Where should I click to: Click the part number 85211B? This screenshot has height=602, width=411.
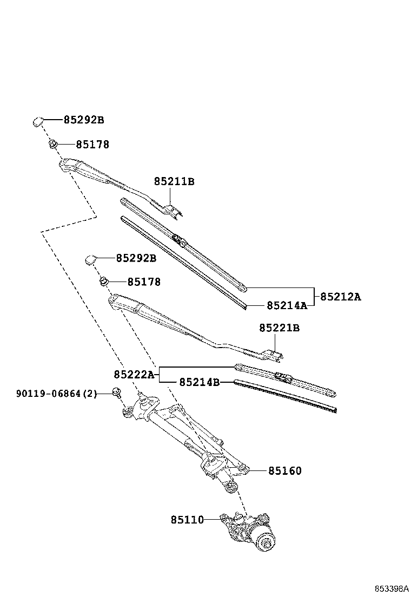174,182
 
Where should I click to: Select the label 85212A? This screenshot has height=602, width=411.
340,297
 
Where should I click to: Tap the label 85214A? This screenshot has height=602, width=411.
287,305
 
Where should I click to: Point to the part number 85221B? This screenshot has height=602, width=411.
279,328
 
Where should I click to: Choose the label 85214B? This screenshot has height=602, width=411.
199,382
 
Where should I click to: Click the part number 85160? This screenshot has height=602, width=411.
285,471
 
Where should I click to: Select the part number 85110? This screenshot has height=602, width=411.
187,520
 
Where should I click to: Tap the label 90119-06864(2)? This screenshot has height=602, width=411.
57,394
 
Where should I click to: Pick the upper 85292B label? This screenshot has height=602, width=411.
84,120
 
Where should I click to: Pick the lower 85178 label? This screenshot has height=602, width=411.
144,282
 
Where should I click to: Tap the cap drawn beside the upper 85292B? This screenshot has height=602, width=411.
37,121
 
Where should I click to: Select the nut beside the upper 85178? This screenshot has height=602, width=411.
53,144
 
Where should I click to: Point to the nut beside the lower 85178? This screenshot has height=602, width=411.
103,281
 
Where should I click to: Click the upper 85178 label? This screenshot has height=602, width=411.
92,145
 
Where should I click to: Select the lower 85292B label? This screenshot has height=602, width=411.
136,258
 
